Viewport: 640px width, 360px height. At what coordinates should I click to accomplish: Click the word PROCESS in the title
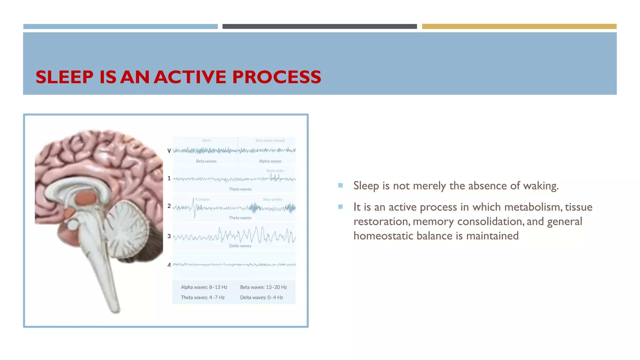coord(276,77)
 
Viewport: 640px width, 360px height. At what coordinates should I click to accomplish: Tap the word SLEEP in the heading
coord(64,77)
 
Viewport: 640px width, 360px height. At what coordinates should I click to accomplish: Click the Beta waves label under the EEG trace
coord(206,161)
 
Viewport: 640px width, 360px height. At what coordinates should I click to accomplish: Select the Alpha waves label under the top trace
coord(270,161)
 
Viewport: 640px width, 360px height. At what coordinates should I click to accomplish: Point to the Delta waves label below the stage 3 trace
coord(240,246)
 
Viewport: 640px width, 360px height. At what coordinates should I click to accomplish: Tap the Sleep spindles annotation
coord(272,199)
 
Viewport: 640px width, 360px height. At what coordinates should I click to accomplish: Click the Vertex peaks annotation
coord(275,171)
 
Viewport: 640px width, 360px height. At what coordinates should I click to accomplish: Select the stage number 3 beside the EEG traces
coord(169,236)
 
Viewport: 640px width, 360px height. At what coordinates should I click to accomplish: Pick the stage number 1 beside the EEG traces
coord(169,178)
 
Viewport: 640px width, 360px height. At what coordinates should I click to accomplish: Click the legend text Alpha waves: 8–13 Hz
coord(204,287)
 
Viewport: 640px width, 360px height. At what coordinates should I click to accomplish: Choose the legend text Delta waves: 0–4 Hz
coord(261,297)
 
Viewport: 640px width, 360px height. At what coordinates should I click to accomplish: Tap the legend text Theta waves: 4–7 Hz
coord(202,297)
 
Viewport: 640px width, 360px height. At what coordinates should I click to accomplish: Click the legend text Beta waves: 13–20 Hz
coord(263,287)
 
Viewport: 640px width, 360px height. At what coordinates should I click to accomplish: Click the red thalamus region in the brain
coord(86,199)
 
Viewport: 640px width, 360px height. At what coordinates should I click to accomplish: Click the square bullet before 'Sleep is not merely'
coord(340,186)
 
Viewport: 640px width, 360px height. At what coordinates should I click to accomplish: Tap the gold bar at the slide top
coord(519,27)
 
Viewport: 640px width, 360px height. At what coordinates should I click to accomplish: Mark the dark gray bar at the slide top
coord(319,27)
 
